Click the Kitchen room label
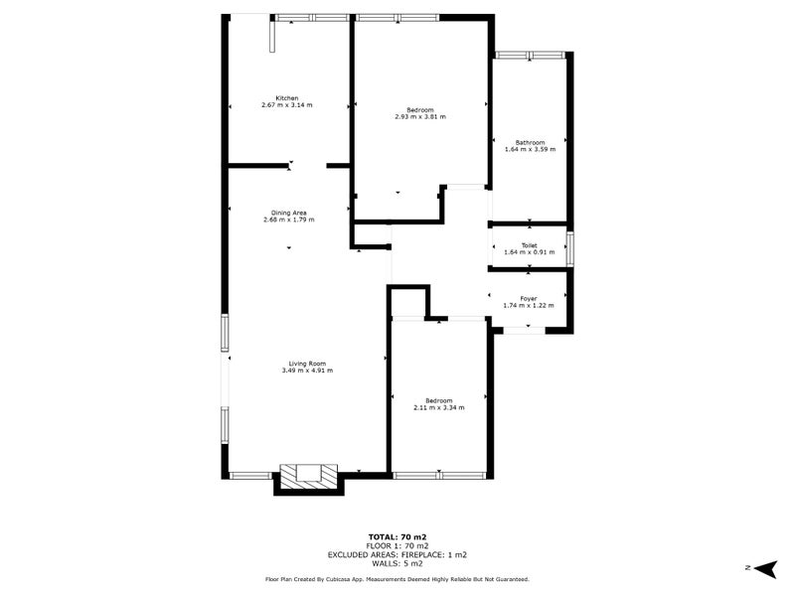pos(286,97)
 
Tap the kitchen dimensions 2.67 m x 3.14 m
pos(286,104)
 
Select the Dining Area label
pos(288,213)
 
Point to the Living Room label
pos(307,363)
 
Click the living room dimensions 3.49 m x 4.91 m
pos(307,371)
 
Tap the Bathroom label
pos(530,142)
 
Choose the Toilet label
pos(530,244)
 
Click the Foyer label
pos(529,298)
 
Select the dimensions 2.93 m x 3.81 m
pos(420,116)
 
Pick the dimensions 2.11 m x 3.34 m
pos(438,407)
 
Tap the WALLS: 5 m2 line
pos(397,562)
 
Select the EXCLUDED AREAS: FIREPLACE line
pos(397,554)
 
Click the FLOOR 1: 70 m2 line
pos(397,545)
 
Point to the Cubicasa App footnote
pos(397,578)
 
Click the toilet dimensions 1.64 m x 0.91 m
pos(530,252)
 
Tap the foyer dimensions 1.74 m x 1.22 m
pos(529,305)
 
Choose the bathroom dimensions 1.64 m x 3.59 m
pos(530,150)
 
